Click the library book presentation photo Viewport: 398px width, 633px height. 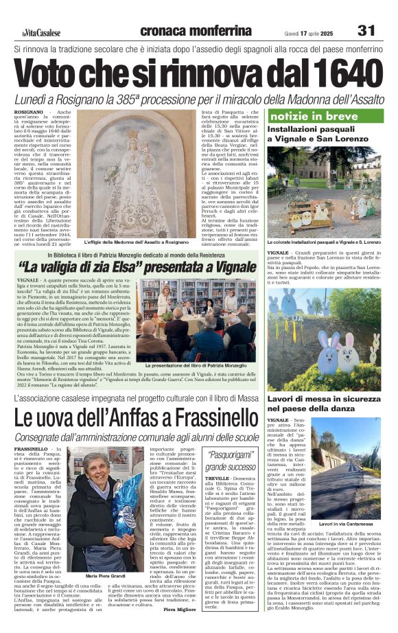[200, 321]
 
